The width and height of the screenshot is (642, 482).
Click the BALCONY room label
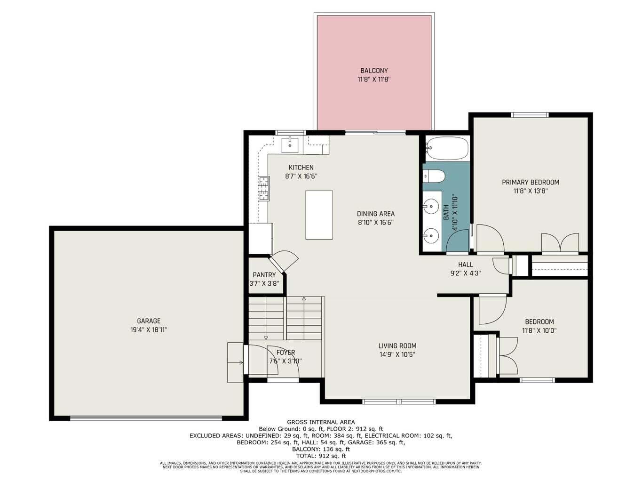(x=374, y=71)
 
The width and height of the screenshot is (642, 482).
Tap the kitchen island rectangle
(x=319, y=215)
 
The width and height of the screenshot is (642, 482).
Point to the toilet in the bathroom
(x=434, y=176)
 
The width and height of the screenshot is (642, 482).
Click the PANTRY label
(x=264, y=275)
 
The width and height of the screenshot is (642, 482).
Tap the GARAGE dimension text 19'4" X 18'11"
(x=149, y=330)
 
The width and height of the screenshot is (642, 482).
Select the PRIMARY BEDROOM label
(x=530, y=182)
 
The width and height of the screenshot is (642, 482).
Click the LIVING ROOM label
(x=397, y=346)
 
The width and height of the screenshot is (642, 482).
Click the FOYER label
(x=285, y=353)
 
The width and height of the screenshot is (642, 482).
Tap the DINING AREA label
(x=375, y=214)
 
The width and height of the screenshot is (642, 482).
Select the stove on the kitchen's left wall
(x=263, y=188)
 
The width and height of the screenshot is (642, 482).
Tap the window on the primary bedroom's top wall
(x=530, y=114)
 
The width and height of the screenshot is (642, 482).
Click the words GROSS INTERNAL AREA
(x=321, y=422)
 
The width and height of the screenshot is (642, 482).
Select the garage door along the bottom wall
(x=146, y=418)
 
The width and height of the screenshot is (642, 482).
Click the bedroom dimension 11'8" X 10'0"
(x=539, y=330)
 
